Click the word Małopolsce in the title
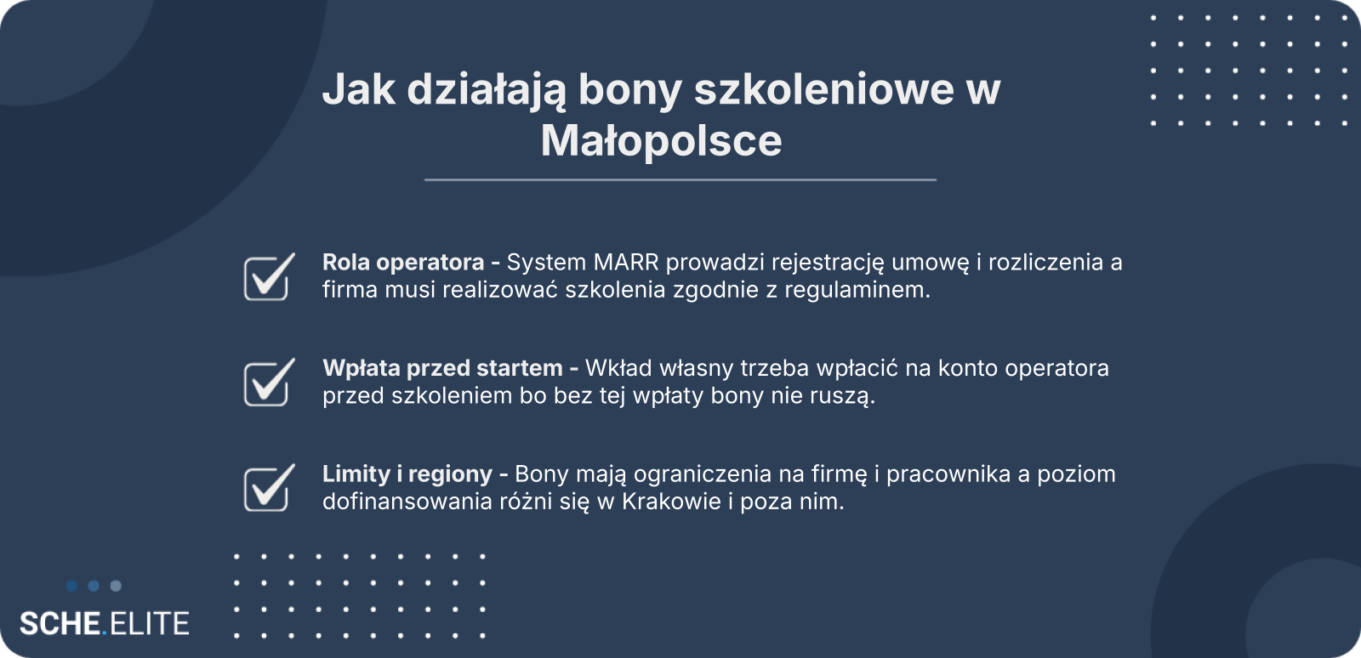[x=661, y=141]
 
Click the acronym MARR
[x=626, y=262]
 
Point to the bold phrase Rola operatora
[x=403, y=263]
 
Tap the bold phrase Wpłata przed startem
[x=442, y=368]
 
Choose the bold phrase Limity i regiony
[x=407, y=474]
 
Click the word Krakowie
[x=671, y=502]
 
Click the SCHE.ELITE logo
[x=104, y=623]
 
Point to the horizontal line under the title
[x=680, y=179]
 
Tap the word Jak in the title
[x=358, y=89]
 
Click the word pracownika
[x=948, y=474]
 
